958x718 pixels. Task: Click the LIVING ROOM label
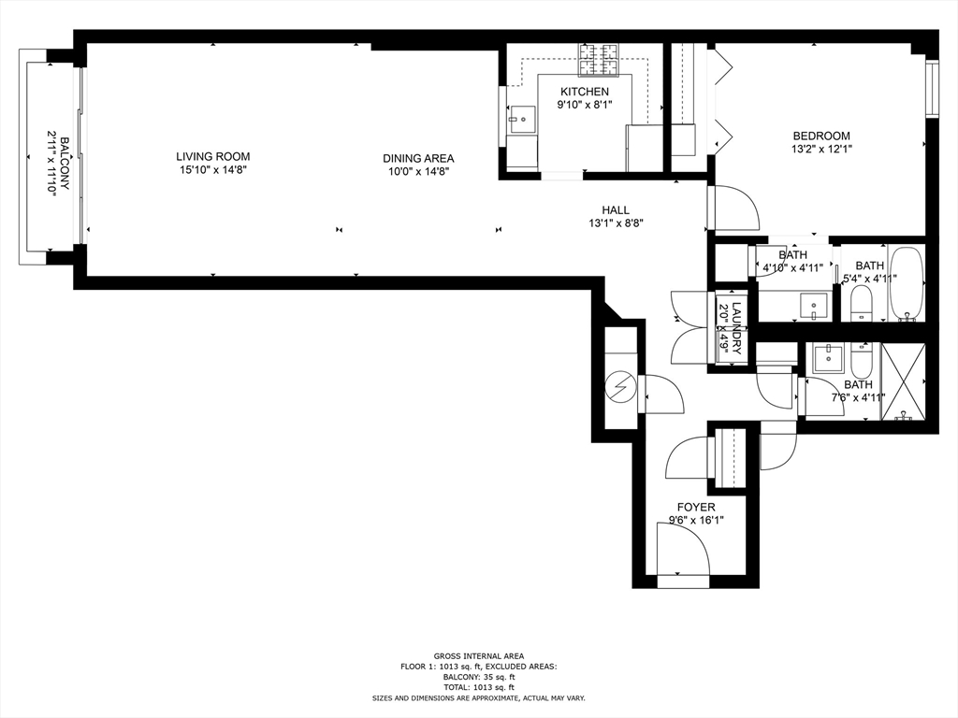pyautogui.click(x=212, y=157)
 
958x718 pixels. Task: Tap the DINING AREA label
pyautogui.click(x=418, y=159)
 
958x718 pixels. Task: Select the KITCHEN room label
pyautogui.click(x=585, y=92)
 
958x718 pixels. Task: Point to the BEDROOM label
pyautogui.click(x=821, y=136)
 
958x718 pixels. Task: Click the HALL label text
pyautogui.click(x=616, y=210)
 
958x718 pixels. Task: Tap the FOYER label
pyautogui.click(x=696, y=508)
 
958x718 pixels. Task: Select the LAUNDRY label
pyautogui.click(x=736, y=328)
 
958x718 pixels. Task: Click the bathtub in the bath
pyautogui.click(x=907, y=284)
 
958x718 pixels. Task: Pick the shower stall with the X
pyautogui.click(x=903, y=381)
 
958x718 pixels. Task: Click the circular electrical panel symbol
pyautogui.click(x=621, y=387)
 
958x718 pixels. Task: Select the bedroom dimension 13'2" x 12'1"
pyautogui.click(x=821, y=149)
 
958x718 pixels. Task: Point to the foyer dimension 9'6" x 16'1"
pyautogui.click(x=696, y=521)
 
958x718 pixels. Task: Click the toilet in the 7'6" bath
pyautogui.click(x=862, y=361)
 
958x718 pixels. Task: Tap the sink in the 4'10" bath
pyautogui.click(x=814, y=306)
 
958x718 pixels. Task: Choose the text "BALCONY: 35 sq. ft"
pyautogui.click(x=479, y=677)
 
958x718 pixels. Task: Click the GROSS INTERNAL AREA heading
pyautogui.click(x=479, y=656)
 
